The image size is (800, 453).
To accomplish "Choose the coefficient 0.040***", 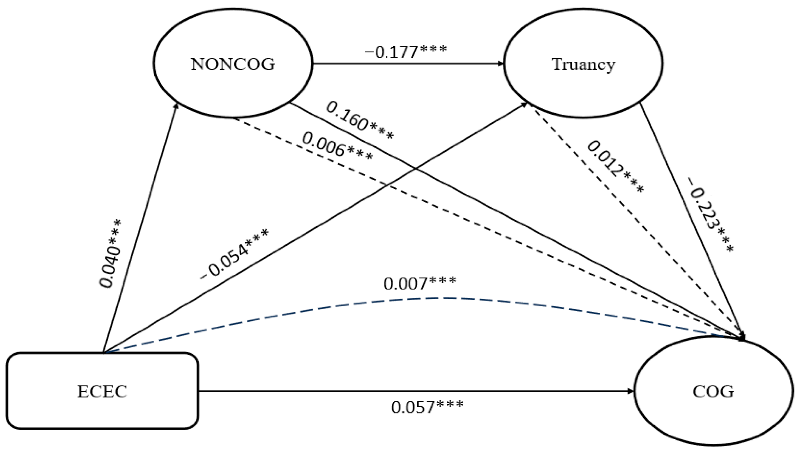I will [110, 254].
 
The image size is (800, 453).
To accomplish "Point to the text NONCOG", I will [233, 64].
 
